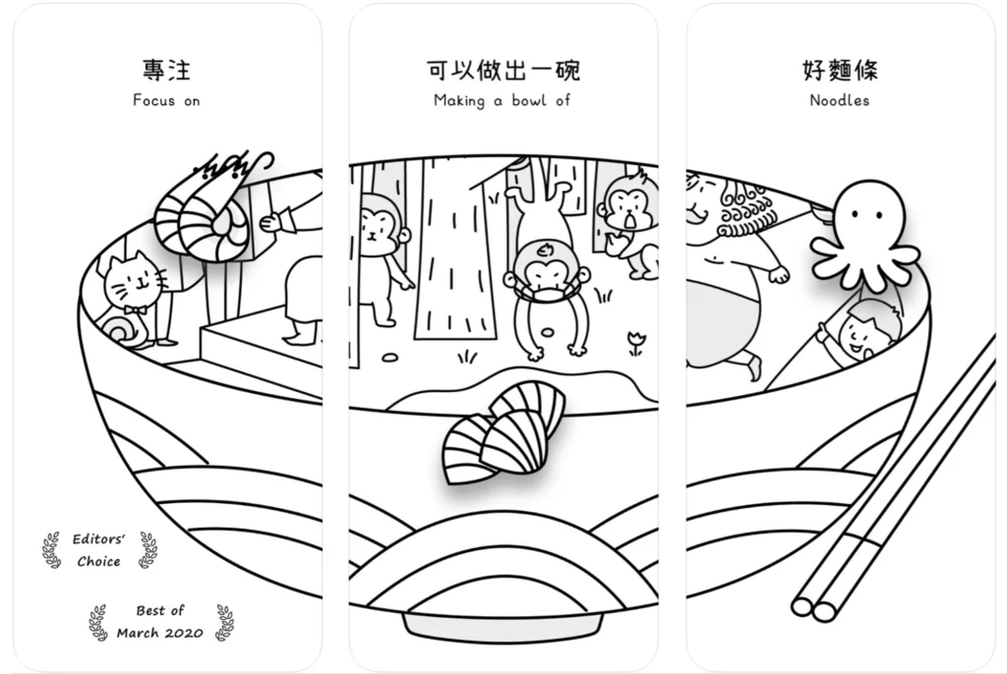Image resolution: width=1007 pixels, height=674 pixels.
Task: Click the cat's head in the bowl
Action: (x=133, y=281)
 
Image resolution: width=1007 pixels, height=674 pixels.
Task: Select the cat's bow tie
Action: (x=136, y=310)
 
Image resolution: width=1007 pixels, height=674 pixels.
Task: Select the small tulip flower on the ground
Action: (x=636, y=343)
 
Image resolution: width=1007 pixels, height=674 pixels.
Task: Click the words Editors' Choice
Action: (x=98, y=550)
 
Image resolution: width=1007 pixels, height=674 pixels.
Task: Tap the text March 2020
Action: (x=160, y=633)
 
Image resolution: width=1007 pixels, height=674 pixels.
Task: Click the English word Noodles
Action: (x=840, y=101)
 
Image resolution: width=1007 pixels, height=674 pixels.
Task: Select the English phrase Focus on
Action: (x=166, y=101)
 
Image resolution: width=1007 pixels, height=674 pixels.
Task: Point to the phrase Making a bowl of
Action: (x=503, y=101)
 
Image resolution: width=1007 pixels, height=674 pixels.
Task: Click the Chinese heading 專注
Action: (x=166, y=70)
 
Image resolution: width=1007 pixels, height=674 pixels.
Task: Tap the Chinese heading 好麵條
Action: (x=840, y=70)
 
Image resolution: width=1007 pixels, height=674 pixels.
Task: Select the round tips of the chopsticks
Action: (x=813, y=609)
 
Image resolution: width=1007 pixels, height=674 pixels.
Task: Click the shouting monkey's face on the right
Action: (x=628, y=205)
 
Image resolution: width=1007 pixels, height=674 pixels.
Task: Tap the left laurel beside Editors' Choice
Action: (x=52, y=550)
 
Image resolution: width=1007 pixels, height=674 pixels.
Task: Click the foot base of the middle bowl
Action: (x=503, y=627)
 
